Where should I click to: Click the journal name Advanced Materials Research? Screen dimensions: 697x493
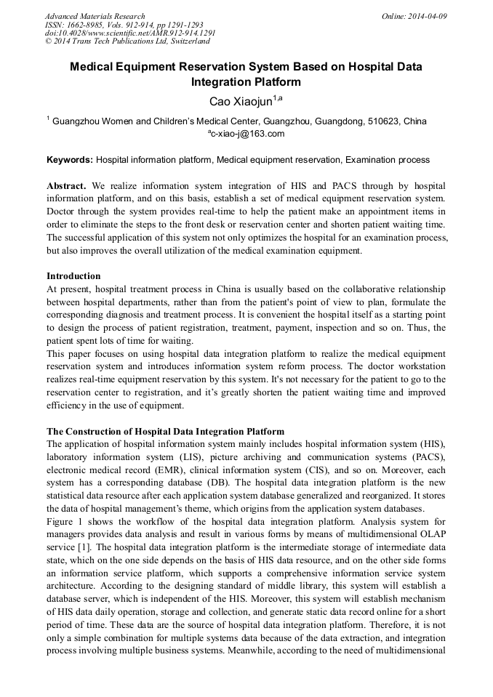coord(95,16)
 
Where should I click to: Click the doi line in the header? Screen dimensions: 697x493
coord(130,33)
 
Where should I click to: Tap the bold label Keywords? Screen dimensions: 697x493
coord(70,159)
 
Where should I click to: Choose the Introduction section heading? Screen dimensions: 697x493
coord(73,276)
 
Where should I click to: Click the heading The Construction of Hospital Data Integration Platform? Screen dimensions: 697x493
coord(165,432)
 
